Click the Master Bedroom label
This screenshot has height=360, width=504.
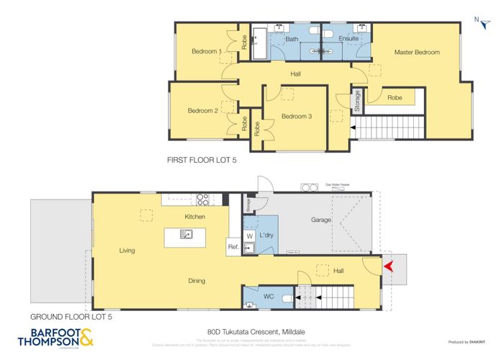pos(416,52)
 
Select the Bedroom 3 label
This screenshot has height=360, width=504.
pos(296,117)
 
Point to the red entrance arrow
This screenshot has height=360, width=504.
pos(389,267)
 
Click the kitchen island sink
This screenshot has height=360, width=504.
pos(186,233)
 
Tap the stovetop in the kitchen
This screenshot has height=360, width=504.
pos(204,200)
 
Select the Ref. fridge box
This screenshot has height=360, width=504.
pos(233,247)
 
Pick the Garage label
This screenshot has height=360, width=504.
pos(320,220)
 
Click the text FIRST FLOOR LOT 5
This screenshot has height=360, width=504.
pos(201,162)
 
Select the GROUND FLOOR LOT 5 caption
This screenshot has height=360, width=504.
pos(71,316)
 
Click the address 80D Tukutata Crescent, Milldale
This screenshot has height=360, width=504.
pos(251,331)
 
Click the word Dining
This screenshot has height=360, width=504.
pos(176,281)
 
